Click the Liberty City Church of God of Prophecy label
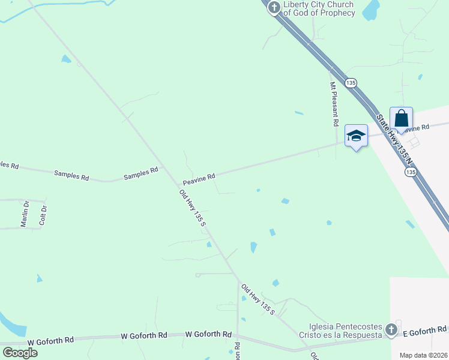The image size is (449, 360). point(319,8)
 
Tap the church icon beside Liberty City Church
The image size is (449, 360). point(274,8)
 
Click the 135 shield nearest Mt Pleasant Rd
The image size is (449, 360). point(351,82)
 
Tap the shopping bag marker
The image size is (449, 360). point(401,119)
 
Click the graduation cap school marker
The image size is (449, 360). point(356,136)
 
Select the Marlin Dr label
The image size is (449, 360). point(26,214)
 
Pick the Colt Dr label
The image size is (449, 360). point(43,214)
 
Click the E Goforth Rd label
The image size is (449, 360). point(424,329)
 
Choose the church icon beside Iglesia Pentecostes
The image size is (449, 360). point(391,329)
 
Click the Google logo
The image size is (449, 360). point(20,352)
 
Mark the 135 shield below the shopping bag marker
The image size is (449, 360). point(410,172)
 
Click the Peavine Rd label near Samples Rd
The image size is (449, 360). point(199,178)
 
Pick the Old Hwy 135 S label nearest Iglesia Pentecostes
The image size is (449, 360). point(258,299)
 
